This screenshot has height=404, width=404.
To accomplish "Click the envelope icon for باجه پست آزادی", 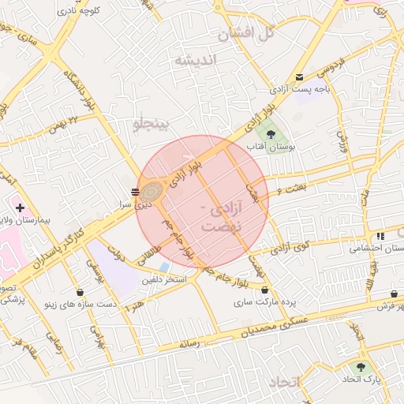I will [x=299, y=77].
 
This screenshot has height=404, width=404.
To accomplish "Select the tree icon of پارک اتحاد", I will [x=361, y=367].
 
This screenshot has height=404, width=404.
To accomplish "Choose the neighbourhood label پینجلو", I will [x=151, y=124].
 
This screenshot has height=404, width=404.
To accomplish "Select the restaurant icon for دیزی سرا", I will [x=135, y=191].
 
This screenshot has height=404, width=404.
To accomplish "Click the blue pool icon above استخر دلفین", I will [x=163, y=267].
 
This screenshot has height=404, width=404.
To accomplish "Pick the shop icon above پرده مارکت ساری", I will [x=264, y=290].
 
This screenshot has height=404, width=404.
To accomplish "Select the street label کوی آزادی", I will [x=290, y=249].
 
